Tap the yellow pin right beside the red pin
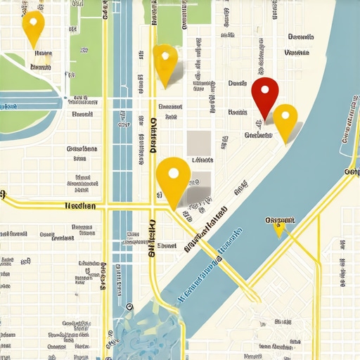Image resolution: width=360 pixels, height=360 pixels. pos(285,120)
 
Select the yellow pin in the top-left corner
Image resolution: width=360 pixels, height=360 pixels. pos(33,27)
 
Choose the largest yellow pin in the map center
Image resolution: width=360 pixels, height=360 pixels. pos(173,179)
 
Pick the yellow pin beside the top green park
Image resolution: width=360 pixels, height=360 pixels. pos(165,63)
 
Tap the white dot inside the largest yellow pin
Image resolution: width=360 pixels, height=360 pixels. pos(173,172)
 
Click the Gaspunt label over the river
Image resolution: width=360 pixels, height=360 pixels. pos(280,220)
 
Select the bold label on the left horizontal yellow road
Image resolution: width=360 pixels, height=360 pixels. pos(79,206)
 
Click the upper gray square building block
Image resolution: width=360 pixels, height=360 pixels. pos(200,140)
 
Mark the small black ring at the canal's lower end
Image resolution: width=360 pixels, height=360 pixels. pos(129,307)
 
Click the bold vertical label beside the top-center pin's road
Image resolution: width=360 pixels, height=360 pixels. pos(153,135)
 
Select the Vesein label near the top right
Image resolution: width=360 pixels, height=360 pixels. pos(297,53)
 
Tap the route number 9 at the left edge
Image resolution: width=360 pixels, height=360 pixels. pos(3,194)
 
